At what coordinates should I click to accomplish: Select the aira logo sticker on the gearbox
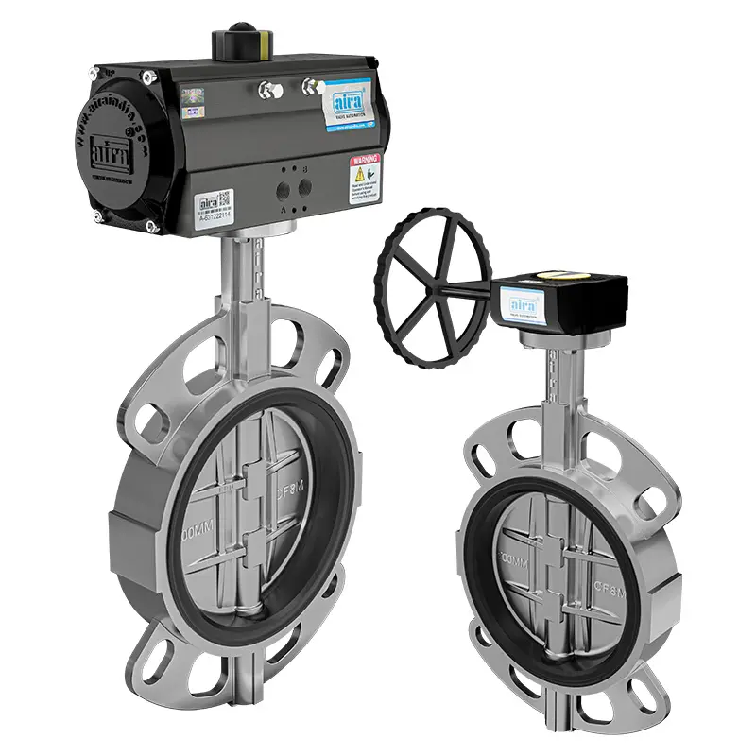(523, 304)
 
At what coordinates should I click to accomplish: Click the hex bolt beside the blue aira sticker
(309, 87)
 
